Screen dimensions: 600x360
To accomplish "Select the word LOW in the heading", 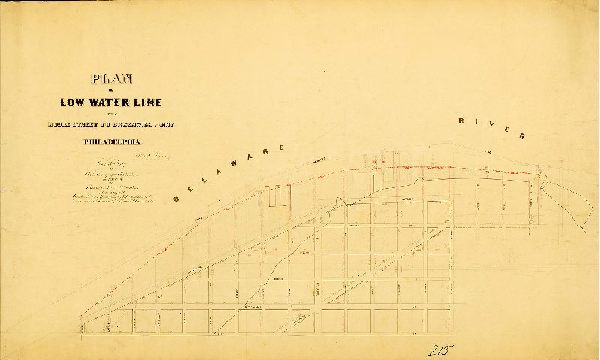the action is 73,103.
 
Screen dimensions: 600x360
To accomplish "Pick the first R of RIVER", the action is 463,120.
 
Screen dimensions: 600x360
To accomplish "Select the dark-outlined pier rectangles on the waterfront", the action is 280,196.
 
